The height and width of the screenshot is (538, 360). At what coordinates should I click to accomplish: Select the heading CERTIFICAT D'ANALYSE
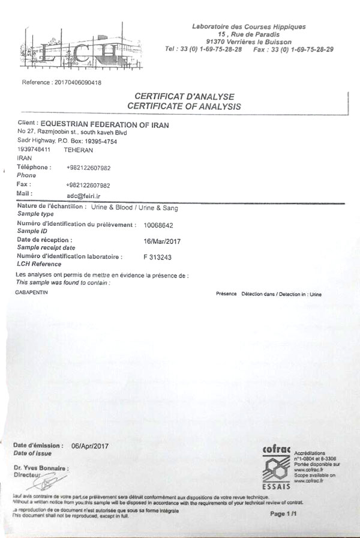(184, 96)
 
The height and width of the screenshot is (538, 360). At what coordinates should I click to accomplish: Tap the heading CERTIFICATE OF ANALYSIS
(184, 106)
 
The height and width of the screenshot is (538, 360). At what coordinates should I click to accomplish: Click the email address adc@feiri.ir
(84, 195)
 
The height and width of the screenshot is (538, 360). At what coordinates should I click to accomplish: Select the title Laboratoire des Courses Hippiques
(248, 26)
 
